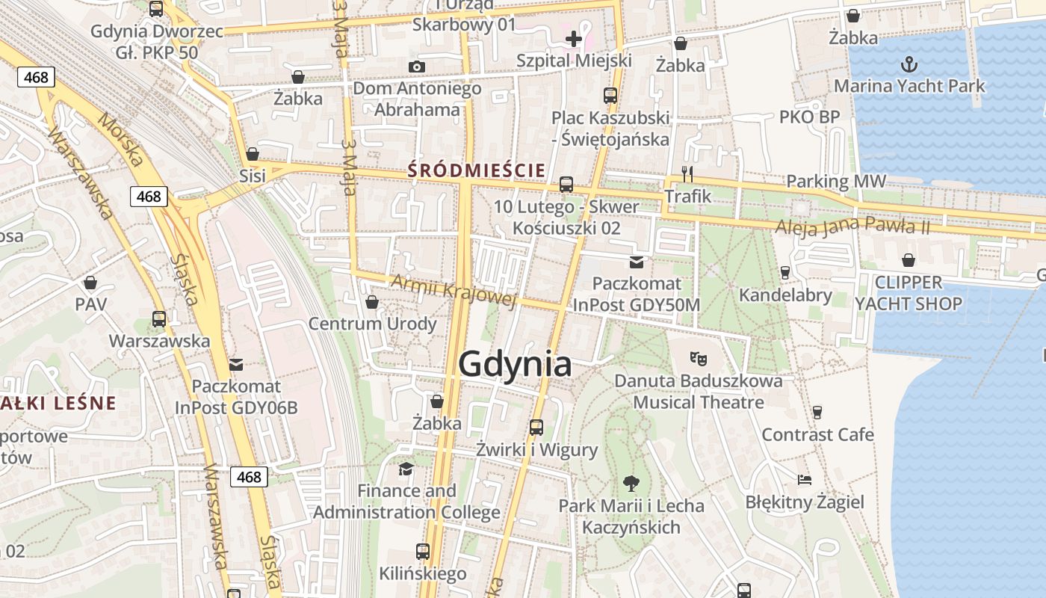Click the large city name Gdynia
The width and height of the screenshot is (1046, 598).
click(x=515, y=364)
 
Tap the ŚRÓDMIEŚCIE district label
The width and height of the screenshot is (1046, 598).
click(x=476, y=170)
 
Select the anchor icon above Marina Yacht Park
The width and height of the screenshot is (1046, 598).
click(x=909, y=64)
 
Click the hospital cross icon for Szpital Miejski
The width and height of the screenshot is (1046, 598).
click(x=573, y=39)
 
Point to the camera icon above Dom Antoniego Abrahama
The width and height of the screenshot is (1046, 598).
click(x=417, y=67)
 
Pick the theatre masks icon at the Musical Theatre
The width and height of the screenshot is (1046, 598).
click(x=699, y=359)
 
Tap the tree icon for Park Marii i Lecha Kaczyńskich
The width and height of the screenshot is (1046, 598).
click(x=631, y=484)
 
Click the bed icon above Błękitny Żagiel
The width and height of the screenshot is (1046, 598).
click(x=804, y=479)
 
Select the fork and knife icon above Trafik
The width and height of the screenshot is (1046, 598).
click(x=687, y=174)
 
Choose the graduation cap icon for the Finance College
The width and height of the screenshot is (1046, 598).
click(x=406, y=469)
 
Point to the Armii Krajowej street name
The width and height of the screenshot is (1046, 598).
click(x=454, y=291)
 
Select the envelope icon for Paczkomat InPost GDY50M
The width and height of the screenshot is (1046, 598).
click(x=636, y=262)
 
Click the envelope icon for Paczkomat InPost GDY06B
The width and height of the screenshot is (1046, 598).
click(x=236, y=365)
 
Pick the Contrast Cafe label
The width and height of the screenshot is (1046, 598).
click(x=817, y=434)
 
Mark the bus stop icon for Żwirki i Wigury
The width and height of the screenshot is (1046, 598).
click(x=536, y=428)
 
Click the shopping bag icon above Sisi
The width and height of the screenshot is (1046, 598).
click(x=253, y=154)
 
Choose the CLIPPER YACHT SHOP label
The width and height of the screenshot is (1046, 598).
click(x=908, y=293)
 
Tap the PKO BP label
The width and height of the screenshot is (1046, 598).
click(x=809, y=117)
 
